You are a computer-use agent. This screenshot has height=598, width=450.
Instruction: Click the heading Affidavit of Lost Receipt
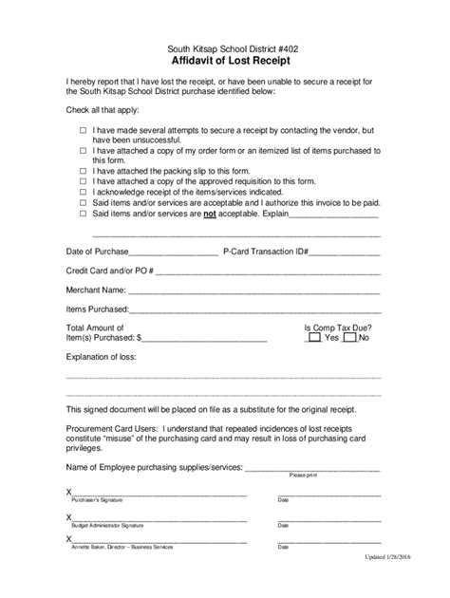pos(224,59)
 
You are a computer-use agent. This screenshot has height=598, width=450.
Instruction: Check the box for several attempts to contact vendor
pos(83,128)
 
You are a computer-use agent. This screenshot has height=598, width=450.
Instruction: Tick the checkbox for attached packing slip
pos(83,171)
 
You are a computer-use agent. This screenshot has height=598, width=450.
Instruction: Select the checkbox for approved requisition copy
pos(83,181)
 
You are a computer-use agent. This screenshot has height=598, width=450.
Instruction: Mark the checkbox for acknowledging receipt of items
pos(83,192)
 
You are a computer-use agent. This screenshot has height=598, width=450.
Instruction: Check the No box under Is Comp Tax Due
pos(350,338)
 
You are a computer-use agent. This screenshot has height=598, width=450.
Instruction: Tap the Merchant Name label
pos(95,290)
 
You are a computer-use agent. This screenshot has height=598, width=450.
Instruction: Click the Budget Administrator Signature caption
pos(107,524)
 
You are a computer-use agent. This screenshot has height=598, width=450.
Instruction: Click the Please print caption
pos(304,474)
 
